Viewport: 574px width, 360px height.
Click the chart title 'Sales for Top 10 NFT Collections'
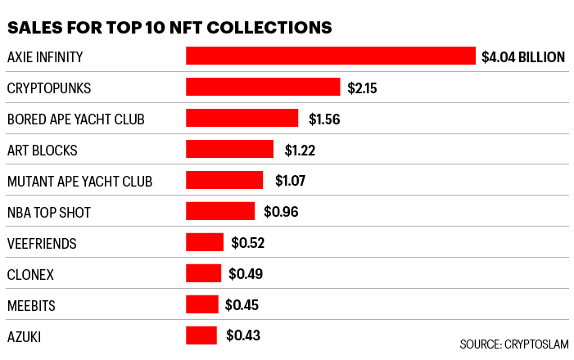pyautogui.click(x=169, y=27)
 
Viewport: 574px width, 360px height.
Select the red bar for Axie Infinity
pyautogui.click(x=330, y=56)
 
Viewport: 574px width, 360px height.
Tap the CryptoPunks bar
pyautogui.click(x=263, y=88)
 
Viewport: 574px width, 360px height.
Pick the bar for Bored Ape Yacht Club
pyautogui.click(x=242, y=119)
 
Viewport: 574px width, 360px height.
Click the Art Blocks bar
pyautogui.click(x=229, y=150)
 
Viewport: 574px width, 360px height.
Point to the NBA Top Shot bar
pyautogui.click(x=220, y=212)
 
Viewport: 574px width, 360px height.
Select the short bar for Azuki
pyautogui.click(x=201, y=335)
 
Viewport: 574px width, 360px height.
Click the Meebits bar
pyautogui.click(x=202, y=304)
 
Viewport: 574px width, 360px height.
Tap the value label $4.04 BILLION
pyautogui.click(x=522, y=57)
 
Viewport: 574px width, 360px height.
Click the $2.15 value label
pyautogui.click(x=363, y=88)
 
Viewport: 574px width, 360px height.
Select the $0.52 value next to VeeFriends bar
pyautogui.click(x=247, y=243)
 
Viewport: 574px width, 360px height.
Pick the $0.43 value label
pyautogui.click(x=242, y=335)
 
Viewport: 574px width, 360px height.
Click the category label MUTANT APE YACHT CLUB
pyautogui.click(x=79, y=182)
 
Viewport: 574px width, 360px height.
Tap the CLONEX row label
pyautogui.click(x=32, y=274)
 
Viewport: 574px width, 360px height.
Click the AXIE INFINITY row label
pyautogui.click(x=45, y=57)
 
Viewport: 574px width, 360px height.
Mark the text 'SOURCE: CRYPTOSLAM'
pyautogui.click(x=513, y=344)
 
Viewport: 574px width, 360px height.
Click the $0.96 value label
pyautogui.click(x=280, y=212)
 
